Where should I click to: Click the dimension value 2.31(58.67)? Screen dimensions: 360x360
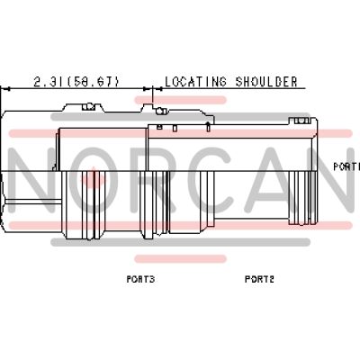click(76, 82)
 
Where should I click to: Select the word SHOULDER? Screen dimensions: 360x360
click(266, 82)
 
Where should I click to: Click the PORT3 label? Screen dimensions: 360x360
click(140, 279)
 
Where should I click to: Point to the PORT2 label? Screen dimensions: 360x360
click(259, 279)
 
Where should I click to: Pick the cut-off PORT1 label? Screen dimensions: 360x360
click(346, 166)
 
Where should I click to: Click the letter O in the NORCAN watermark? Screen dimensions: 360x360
click(94, 180)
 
